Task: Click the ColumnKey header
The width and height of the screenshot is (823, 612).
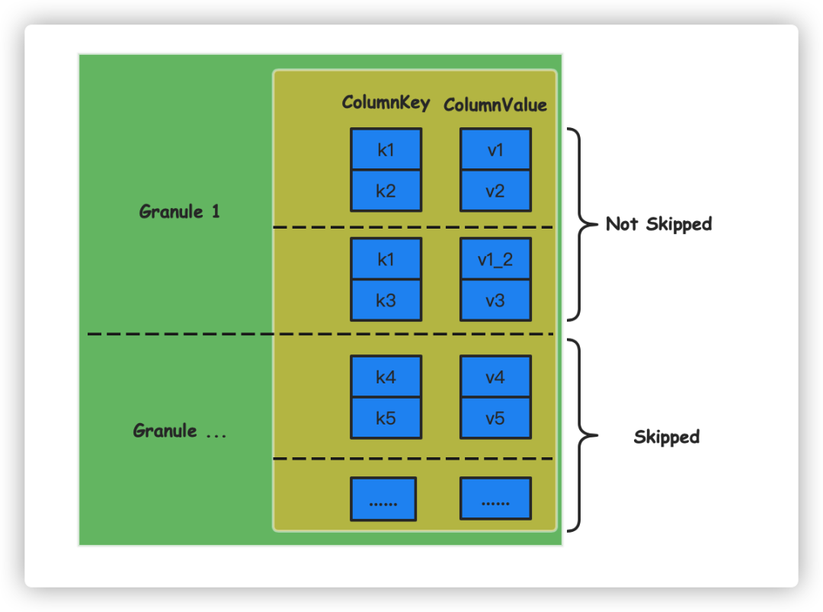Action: coord(386,103)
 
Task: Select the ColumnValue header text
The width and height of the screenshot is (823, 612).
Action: coord(495,105)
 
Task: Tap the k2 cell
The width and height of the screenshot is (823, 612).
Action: coord(386,191)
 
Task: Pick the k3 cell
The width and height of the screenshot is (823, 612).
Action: coord(386,300)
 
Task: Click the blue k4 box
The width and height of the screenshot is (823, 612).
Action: coord(386,376)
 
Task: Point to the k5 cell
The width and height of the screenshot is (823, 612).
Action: coord(386,418)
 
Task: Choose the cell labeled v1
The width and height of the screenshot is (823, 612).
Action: coord(495,149)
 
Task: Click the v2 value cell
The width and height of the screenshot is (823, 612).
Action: coord(495,191)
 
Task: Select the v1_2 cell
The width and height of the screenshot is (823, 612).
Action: coord(495,259)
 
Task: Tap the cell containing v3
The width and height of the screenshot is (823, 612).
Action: coord(495,300)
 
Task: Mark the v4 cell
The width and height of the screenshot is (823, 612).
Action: coord(495,376)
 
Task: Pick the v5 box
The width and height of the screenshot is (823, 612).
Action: coord(495,418)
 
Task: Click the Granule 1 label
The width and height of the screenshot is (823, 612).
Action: coord(180,212)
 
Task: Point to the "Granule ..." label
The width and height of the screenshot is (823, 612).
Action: coord(180,431)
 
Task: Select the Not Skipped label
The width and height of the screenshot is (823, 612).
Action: coord(658,224)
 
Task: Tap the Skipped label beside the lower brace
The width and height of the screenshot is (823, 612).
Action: coord(666,437)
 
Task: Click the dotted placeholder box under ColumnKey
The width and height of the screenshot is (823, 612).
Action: coord(383,499)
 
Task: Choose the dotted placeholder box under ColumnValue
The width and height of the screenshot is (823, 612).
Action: coord(495,499)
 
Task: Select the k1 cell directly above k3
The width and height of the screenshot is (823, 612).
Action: coord(386,259)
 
